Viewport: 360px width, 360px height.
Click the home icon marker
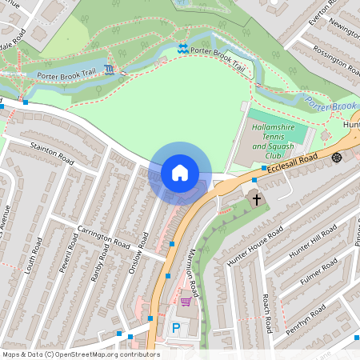pos(180,173)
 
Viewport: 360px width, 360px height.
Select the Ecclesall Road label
pos(294,161)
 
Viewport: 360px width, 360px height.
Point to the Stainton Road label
pos(52,155)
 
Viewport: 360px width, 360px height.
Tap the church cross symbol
pos(257,198)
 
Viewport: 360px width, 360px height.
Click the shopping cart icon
pos(186,302)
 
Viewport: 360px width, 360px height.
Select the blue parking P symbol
pos(176,327)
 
